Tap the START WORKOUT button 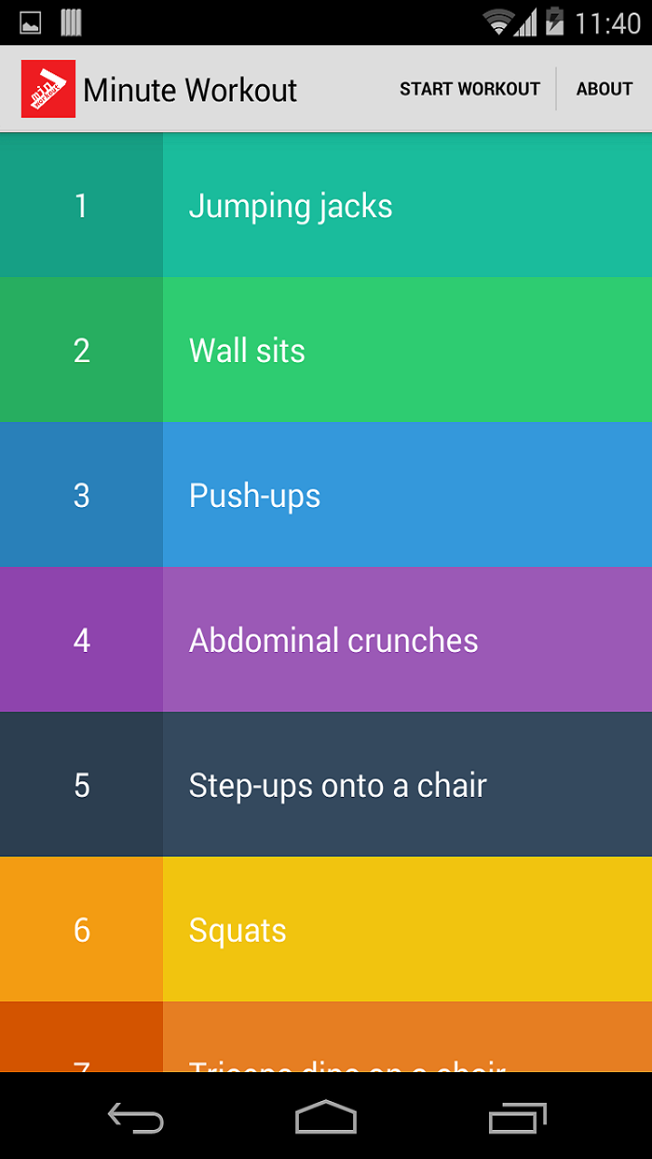pyautogui.click(x=469, y=89)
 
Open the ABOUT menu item pyautogui.click(x=604, y=89)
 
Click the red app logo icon pyautogui.click(x=48, y=89)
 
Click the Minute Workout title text pyautogui.click(x=190, y=90)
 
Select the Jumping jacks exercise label pyautogui.click(x=291, y=206)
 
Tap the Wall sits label pyautogui.click(x=247, y=350)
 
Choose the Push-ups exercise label pyautogui.click(x=254, y=495)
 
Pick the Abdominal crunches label pyautogui.click(x=333, y=640)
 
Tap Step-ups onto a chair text pyautogui.click(x=338, y=785)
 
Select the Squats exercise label pyautogui.click(x=237, y=930)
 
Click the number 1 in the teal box pyautogui.click(x=81, y=206)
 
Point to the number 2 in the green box pyautogui.click(x=81, y=350)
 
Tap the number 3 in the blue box pyautogui.click(x=81, y=495)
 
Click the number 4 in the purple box pyautogui.click(x=81, y=640)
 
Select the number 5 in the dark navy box pyautogui.click(x=81, y=785)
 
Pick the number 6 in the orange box pyautogui.click(x=81, y=930)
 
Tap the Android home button pyautogui.click(x=326, y=1117)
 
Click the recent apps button pyautogui.click(x=518, y=1117)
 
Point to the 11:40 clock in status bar pyautogui.click(x=608, y=23)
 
